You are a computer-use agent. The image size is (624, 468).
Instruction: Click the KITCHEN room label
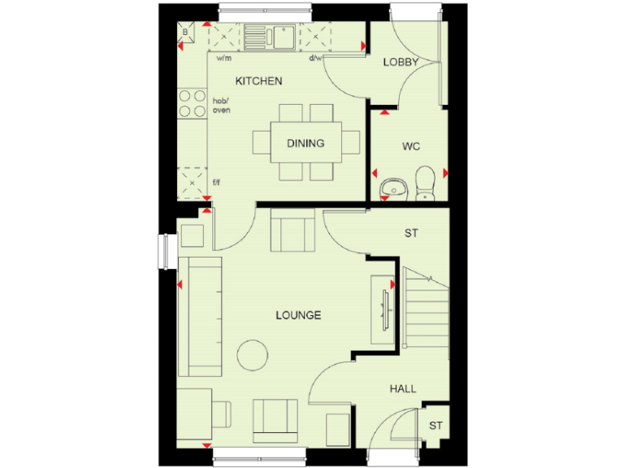point(258,81)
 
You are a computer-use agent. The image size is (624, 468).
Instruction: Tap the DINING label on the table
point(305,144)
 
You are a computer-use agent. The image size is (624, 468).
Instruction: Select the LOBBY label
point(401,62)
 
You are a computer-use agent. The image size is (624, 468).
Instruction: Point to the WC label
point(411,147)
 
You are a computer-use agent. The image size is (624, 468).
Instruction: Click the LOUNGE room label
point(298,315)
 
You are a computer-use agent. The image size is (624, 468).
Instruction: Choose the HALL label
point(402,389)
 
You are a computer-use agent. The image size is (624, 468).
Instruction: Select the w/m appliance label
point(224,58)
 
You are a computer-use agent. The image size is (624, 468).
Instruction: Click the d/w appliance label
point(316,58)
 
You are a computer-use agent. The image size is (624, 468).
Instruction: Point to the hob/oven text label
point(220,105)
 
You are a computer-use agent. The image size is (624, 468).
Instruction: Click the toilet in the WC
point(425,182)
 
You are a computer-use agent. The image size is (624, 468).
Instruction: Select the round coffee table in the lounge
point(253,354)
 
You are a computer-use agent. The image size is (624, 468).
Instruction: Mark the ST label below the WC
point(411,233)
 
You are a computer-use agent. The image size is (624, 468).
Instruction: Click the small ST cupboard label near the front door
point(436,426)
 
